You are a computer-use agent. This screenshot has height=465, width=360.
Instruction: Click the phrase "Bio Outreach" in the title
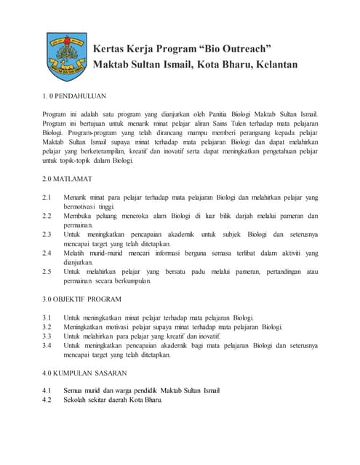(235, 49)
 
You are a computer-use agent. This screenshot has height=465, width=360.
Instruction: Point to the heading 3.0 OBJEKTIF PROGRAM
(81, 299)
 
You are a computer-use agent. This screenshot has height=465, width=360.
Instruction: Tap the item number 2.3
(47, 234)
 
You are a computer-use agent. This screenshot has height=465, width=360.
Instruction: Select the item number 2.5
(47, 272)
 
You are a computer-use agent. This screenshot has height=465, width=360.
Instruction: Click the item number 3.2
(47, 327)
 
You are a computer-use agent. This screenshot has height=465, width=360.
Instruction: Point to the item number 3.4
(47, 346)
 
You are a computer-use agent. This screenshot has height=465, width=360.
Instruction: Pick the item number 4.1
(47, 391)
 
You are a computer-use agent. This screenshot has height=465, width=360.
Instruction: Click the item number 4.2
(47, 400)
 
